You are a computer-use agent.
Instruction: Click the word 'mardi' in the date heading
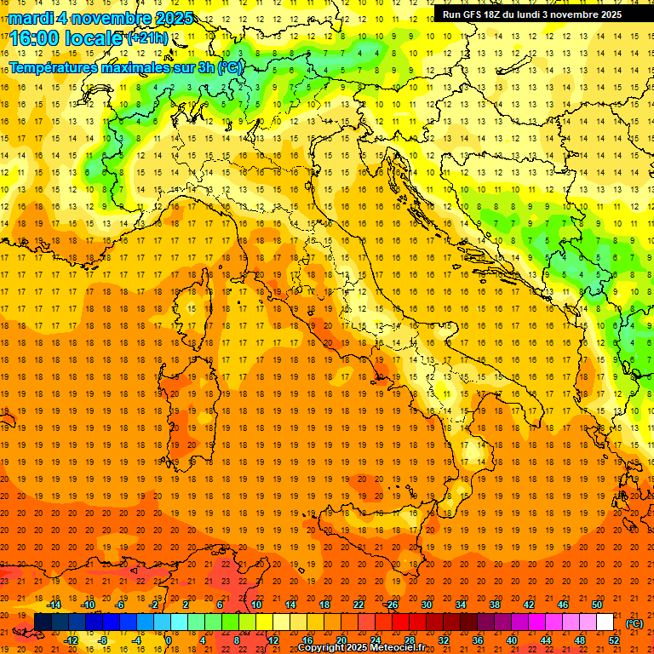click(32, 17)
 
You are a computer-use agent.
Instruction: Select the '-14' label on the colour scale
click(55, 605)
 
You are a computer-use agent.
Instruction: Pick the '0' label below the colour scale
click(169, 640)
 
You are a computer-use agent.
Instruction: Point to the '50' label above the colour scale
click(597, 605)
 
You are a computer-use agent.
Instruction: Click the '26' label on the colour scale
click(393, 605)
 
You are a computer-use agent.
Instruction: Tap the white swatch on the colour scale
click(605, 622)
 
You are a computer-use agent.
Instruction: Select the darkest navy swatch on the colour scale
click(42, 622)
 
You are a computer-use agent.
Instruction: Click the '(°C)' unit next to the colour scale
click(634, 622)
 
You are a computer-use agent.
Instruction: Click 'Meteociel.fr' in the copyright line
click(398, 648)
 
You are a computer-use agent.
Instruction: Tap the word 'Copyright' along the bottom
click(322, 648)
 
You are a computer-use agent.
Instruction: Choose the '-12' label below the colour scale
click(72, 640)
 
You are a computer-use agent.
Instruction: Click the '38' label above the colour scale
click(495, 605)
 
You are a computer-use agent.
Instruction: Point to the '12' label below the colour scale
click(273, 640)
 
